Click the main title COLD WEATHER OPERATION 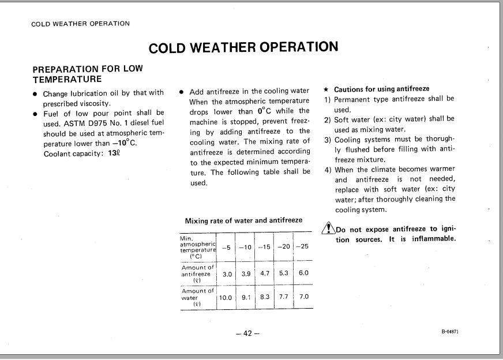[x=243, y=47]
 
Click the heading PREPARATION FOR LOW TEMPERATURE [x=88, y=74]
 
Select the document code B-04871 [x=450, y=332]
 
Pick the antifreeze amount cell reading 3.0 [x=227, y=274]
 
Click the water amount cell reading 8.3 [x=265, y=297]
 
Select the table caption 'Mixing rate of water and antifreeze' [x=243, y=220]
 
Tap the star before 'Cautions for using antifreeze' [x=326, y=89]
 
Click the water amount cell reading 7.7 [x=283, y=297]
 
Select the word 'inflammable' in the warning [x=431, y=239]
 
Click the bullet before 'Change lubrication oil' [x=36, y=93]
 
